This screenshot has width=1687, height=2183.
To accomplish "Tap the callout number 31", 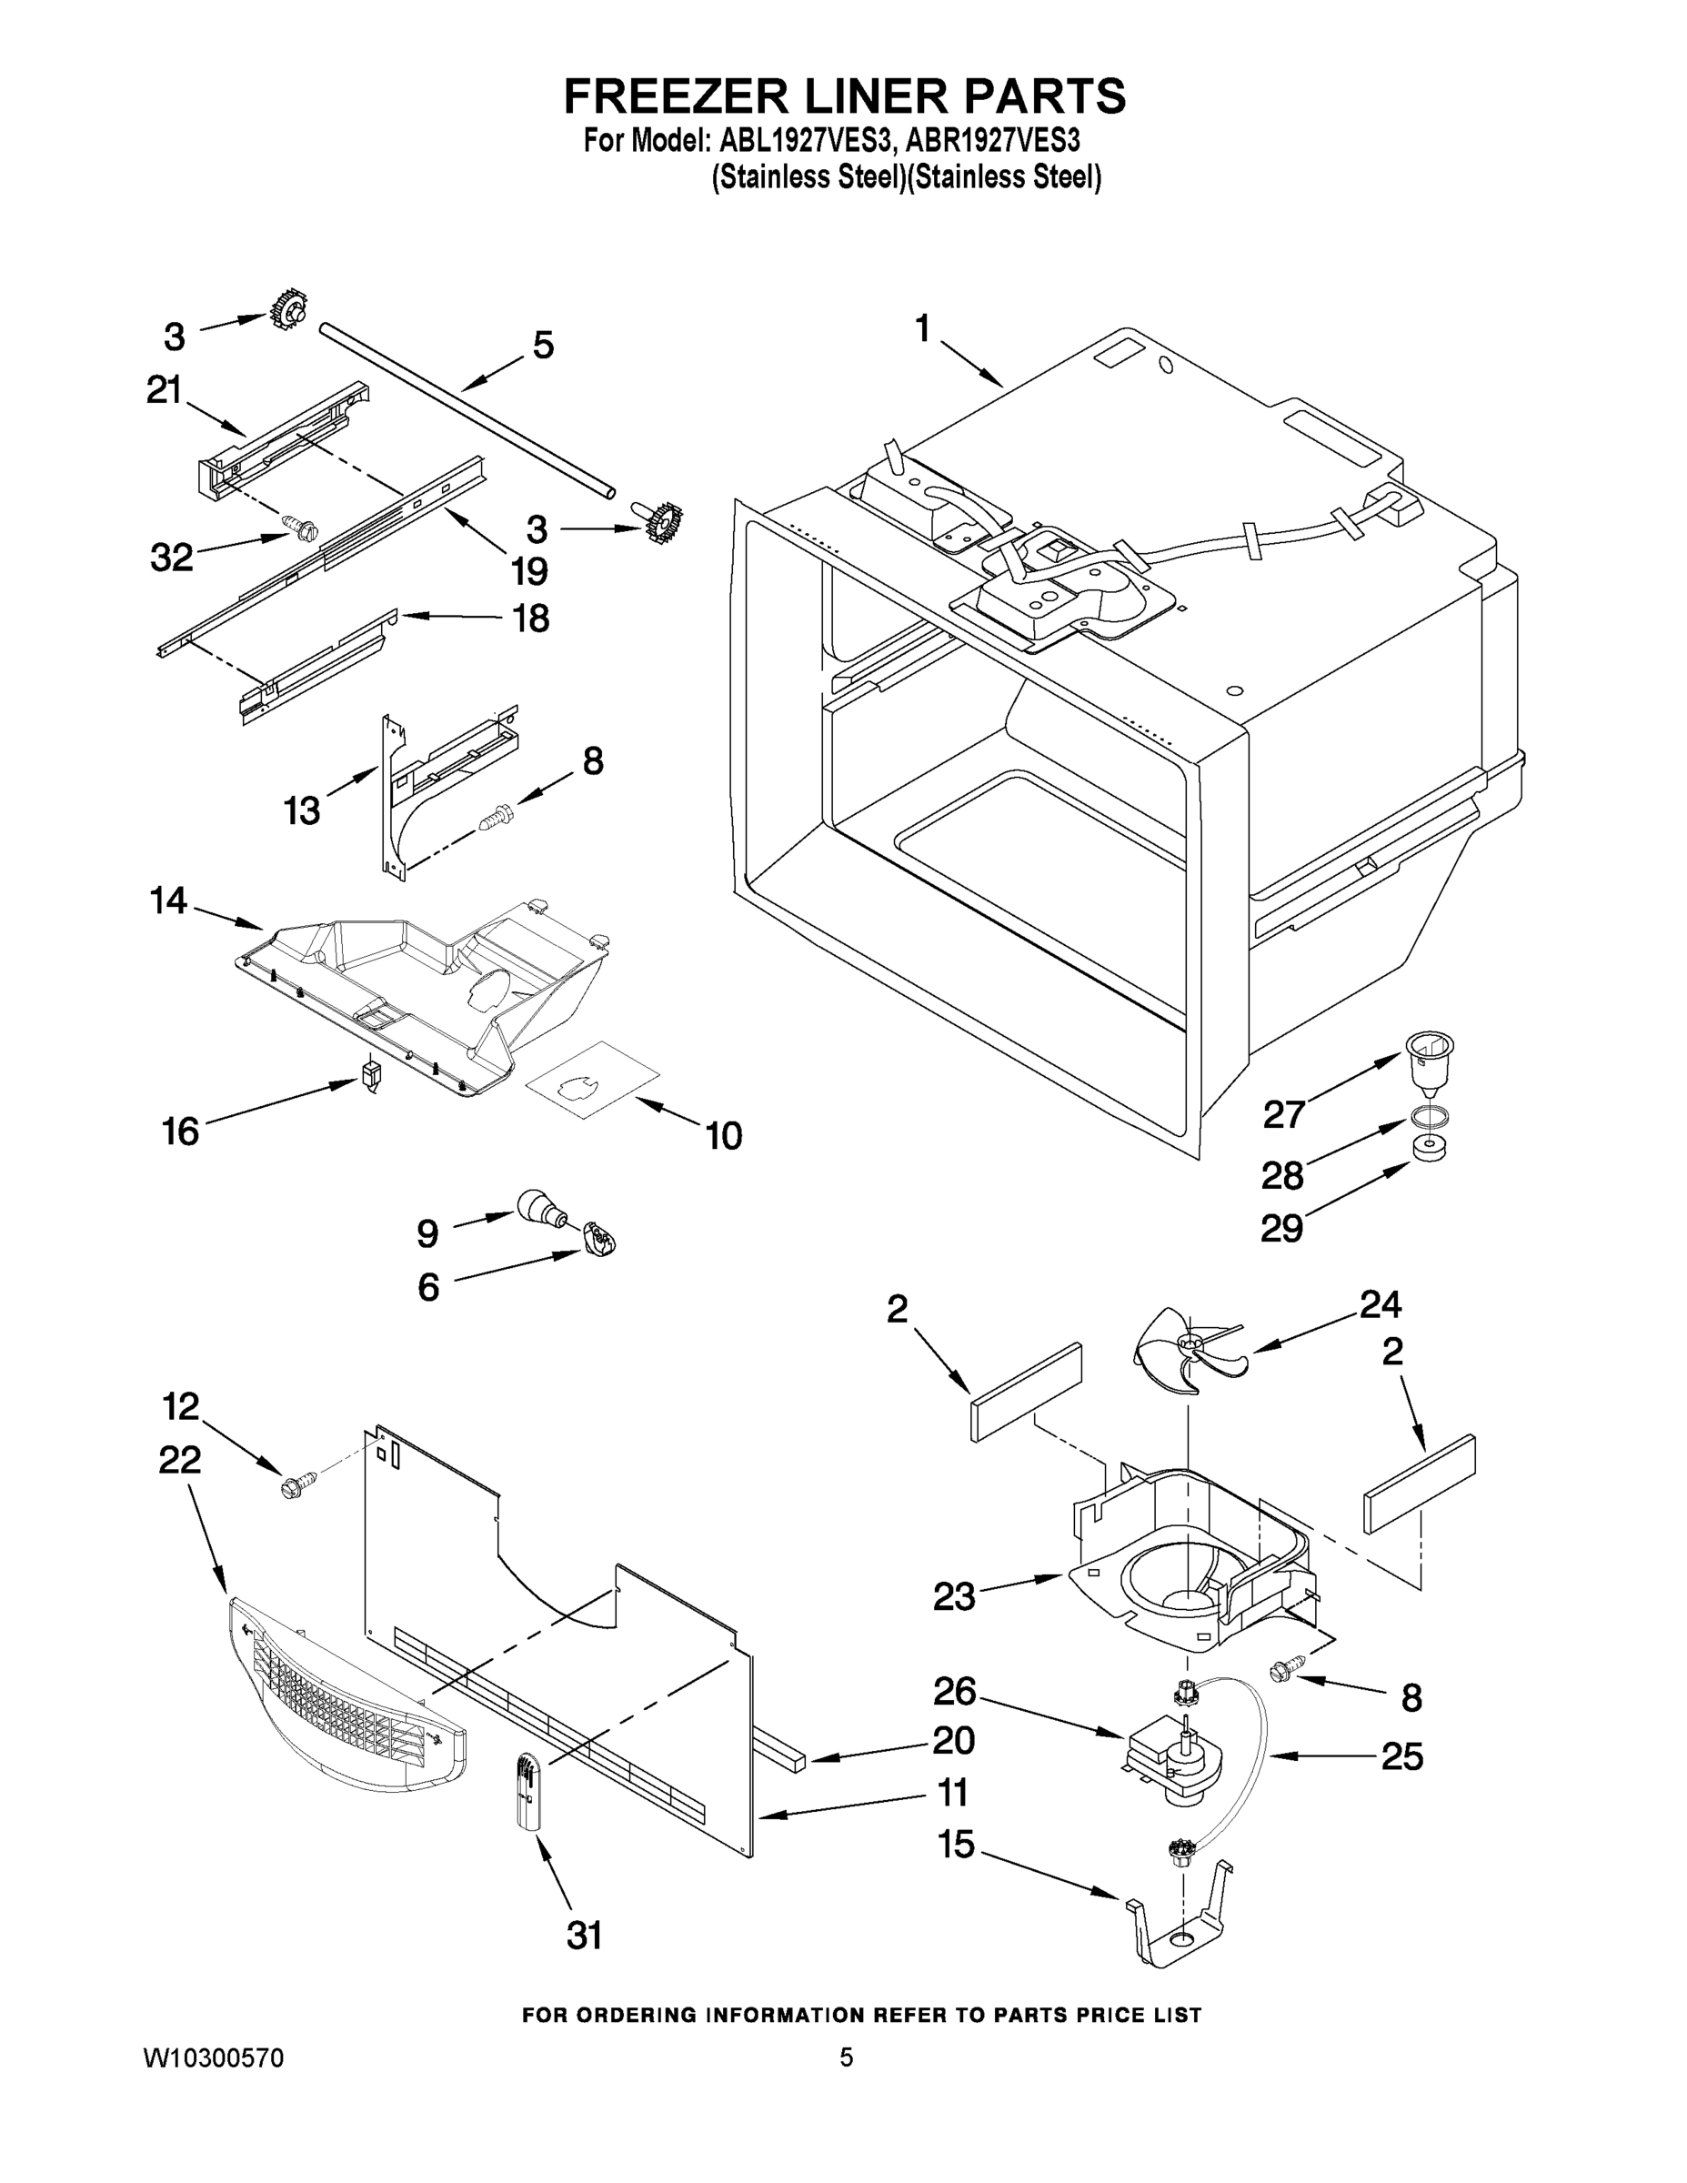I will click(585, 1935).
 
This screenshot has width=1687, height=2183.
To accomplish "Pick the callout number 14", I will click(168, 900).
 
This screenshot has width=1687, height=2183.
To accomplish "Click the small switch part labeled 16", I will click(371, 1078).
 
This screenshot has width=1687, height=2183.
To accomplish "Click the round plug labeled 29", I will click(1431, 1149).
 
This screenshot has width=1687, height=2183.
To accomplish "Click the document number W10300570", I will click(214, 2058).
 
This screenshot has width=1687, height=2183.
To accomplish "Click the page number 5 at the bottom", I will click(846, 2057).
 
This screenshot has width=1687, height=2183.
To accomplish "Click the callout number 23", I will click(953, 1596).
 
